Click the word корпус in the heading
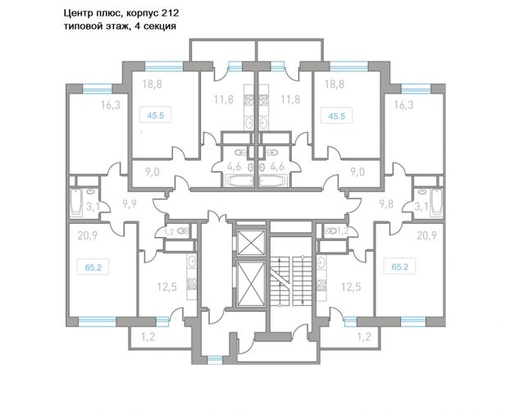(142, 14)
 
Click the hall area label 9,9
(129, 204)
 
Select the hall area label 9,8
(386, 204)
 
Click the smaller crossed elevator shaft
(251, 243)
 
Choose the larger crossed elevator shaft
(251, 284)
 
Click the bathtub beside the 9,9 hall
(76, 203)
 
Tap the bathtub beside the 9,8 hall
(436, 203)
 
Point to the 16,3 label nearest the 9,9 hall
(110, 105)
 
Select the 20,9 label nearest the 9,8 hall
(426, 235)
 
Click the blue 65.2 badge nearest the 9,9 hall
(93, 267)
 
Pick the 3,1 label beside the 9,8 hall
(421, 207)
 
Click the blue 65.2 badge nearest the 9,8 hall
(400, 266)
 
